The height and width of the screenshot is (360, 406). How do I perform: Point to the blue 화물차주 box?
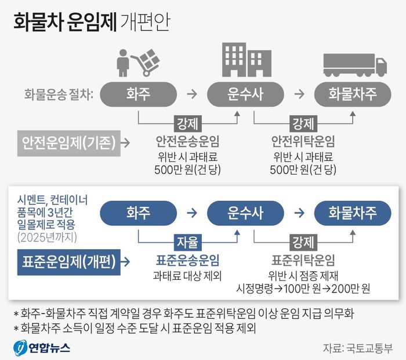[352, 213]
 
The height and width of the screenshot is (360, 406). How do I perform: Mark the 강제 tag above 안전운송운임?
[187, 123]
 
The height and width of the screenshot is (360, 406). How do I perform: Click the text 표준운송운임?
[187, 260]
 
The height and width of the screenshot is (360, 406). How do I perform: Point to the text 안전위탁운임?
[303, 141]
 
